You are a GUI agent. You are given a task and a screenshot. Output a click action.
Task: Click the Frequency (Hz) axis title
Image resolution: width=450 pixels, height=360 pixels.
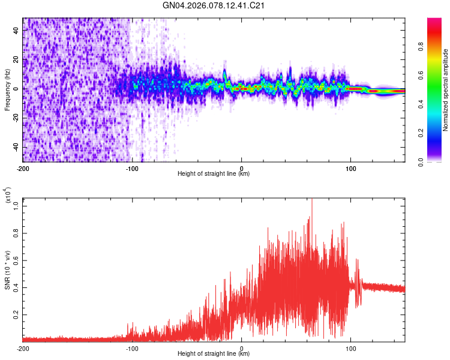click(x=7, y=90)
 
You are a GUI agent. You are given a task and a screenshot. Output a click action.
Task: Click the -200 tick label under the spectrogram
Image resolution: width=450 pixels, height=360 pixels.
click(x=23, y=167)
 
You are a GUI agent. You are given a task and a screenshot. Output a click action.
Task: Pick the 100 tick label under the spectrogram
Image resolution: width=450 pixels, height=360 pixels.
click(x=350, y=167)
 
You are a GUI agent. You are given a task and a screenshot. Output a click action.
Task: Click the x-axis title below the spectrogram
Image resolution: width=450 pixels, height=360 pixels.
click(x=214, y=174)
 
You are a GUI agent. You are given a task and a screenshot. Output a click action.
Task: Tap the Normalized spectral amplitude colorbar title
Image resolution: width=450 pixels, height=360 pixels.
click(x=446, y=90)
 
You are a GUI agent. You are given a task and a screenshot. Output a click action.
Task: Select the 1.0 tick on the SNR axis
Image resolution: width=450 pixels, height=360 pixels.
click(x=16, y=205)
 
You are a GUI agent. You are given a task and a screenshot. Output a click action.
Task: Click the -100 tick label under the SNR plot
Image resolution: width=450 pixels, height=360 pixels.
click(x=132, y=348)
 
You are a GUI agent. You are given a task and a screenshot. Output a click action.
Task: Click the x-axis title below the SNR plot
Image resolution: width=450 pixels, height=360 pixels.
click(x=214, y=354)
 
